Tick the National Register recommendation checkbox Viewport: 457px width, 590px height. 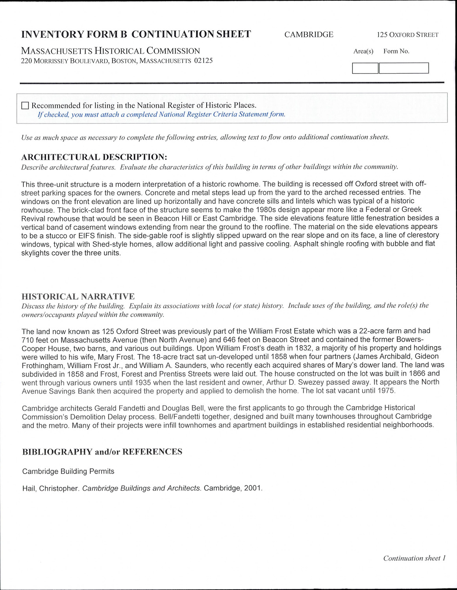pyautogui.click(x=25, y=105)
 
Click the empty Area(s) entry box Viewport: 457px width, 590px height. pyautogui.click(x=365, y=68)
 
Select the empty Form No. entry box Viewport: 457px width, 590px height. pyautogui.click(x=403, y=68)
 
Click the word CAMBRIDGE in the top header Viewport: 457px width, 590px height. pyautogui.click(x=309, y=35)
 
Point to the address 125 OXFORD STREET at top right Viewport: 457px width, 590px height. pyautogui.click(x=407, y=35)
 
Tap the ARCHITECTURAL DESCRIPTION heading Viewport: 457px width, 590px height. pyautogui.click(x=94, y=157)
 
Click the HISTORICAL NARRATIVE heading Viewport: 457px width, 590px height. pyautogui.click(x=78, y=297)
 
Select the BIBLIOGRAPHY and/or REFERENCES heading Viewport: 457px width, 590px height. pyautogui.click(x=102, y=452)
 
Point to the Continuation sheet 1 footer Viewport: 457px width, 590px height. pyautogui.click(x=414, y=558)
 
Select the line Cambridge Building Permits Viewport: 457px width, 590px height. pyautogui.click(x=68, y=471)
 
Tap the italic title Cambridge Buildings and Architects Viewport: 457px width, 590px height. pyautogui.click(x=142, y=488)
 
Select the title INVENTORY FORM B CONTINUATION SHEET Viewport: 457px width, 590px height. pyautogui.click(x=136, y=34)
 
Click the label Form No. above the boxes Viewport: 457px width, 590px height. pyautogui.click(x=396, y=51)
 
